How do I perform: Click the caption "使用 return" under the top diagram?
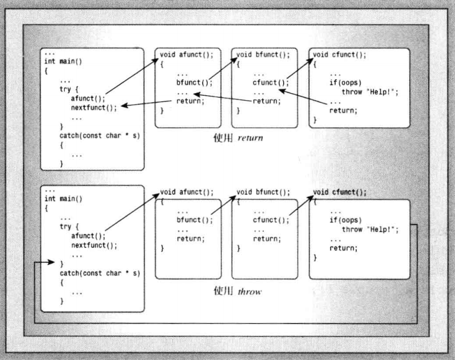tap(238, 138)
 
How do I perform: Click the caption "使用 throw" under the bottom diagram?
tap(237, 291)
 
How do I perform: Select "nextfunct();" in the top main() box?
tap(94, 108)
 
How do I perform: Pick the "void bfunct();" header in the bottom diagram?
tap(263, 193)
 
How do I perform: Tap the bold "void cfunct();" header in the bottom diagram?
tap(340, 193)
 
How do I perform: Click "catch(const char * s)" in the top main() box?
tap(99, 135)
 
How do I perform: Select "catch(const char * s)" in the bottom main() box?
tap(99, 272)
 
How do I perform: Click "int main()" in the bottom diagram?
tap(63, 199)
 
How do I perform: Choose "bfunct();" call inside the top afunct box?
tap(194, 83)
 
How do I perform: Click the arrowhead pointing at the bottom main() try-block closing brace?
tap(52, 263)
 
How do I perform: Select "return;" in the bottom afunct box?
tap(190, 239)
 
